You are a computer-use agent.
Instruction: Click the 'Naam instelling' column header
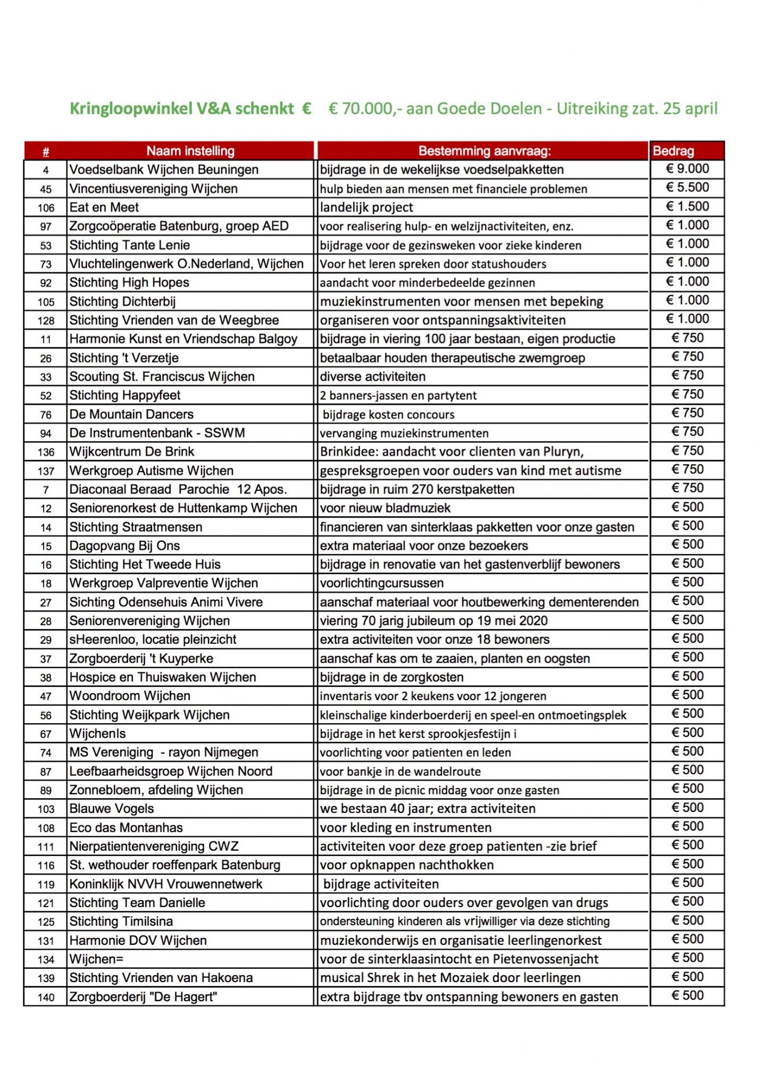190,151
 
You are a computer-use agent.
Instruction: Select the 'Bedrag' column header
673,151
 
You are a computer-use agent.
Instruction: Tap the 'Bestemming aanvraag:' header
484,151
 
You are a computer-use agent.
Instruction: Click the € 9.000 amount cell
687,169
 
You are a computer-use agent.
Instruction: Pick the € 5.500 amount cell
687,188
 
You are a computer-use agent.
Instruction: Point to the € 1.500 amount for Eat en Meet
687,206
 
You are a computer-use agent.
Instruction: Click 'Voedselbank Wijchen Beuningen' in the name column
164,170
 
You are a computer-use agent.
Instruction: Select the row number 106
46,208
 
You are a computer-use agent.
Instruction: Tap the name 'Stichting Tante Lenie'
129,245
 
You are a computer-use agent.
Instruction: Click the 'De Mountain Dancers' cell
131,414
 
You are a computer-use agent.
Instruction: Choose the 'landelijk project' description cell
366,207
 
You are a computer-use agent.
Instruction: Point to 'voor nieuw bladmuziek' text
385,508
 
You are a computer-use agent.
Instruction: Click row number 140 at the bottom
46,998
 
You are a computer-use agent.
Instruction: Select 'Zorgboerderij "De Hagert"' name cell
143,997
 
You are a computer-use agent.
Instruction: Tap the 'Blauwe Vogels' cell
112,809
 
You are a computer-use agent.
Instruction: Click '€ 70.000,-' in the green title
362,109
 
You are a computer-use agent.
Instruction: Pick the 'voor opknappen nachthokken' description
407,865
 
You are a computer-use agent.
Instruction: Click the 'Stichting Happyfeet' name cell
125,396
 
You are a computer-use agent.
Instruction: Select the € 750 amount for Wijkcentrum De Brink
687,451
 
